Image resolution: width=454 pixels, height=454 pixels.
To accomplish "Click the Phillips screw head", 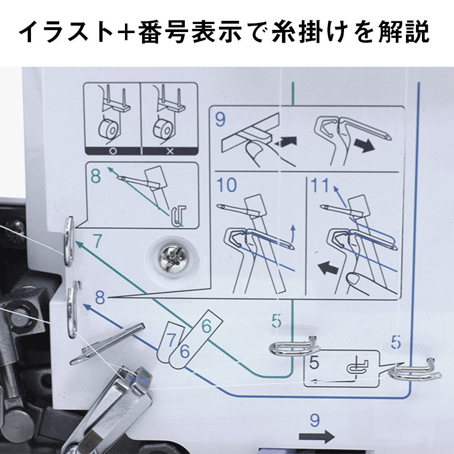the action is pos(173,256).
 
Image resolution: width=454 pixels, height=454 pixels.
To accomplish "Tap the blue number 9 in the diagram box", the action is pos(220,120).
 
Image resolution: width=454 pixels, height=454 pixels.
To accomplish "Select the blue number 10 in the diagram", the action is pos(226,185).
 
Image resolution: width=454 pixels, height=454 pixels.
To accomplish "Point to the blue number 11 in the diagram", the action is pos(319,185).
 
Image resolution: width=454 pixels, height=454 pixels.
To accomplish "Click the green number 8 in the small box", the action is pos(96,176).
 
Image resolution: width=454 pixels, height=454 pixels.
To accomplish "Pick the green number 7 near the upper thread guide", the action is pos(98,241).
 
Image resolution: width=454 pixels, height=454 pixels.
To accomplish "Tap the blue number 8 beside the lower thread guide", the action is pos(100,298).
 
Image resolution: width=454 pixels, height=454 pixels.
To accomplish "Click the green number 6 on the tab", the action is pos(206,326).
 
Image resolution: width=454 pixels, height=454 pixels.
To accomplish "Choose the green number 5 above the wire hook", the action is pos(277,321).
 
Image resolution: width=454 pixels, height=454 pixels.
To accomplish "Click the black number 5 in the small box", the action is pos(314,362).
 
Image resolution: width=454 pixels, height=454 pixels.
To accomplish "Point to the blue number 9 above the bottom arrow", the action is pos(315,420).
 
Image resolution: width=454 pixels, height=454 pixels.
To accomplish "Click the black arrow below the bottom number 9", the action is pos(317,436).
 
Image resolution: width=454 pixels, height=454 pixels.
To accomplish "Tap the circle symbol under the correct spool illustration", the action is pos(113,151).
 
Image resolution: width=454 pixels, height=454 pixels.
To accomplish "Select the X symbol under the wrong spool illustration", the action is pos(170,151).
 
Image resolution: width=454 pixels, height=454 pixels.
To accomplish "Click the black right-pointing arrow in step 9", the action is pos(365,145).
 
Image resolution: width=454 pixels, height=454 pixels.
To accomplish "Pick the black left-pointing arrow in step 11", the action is pos(328,268).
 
